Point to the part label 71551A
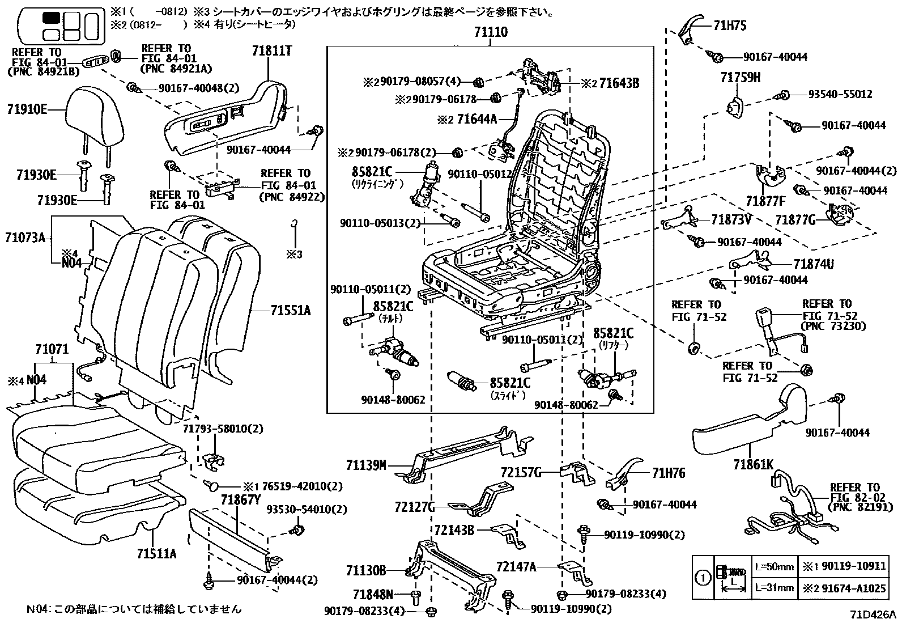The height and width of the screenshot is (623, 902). [291, 311]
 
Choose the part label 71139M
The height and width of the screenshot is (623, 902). [366, 466]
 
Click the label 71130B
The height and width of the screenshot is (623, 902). [366, 569]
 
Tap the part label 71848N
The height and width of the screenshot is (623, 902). [373, 594]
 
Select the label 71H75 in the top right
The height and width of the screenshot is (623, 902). [730, 26]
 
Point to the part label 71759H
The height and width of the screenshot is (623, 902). [741, 78]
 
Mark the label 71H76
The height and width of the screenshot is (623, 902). [669, 473]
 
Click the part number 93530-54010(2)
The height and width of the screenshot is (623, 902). [307, 510]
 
